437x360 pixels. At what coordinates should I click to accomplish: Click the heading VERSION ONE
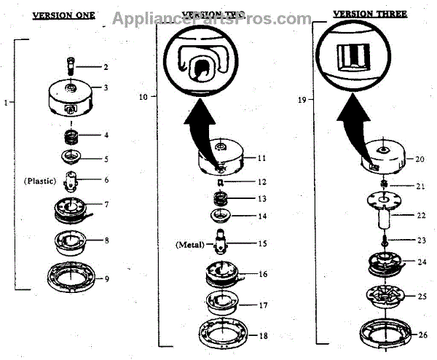[x=63, y=15]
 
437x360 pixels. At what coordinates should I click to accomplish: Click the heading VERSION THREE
[x=369, y=13]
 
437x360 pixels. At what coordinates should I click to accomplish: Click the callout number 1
[x=6, y=103]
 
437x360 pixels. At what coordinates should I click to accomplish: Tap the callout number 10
[x=143, y=95]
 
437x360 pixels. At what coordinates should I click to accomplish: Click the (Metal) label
[x=190, y=245]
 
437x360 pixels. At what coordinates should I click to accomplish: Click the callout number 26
[x=422, y=334]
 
